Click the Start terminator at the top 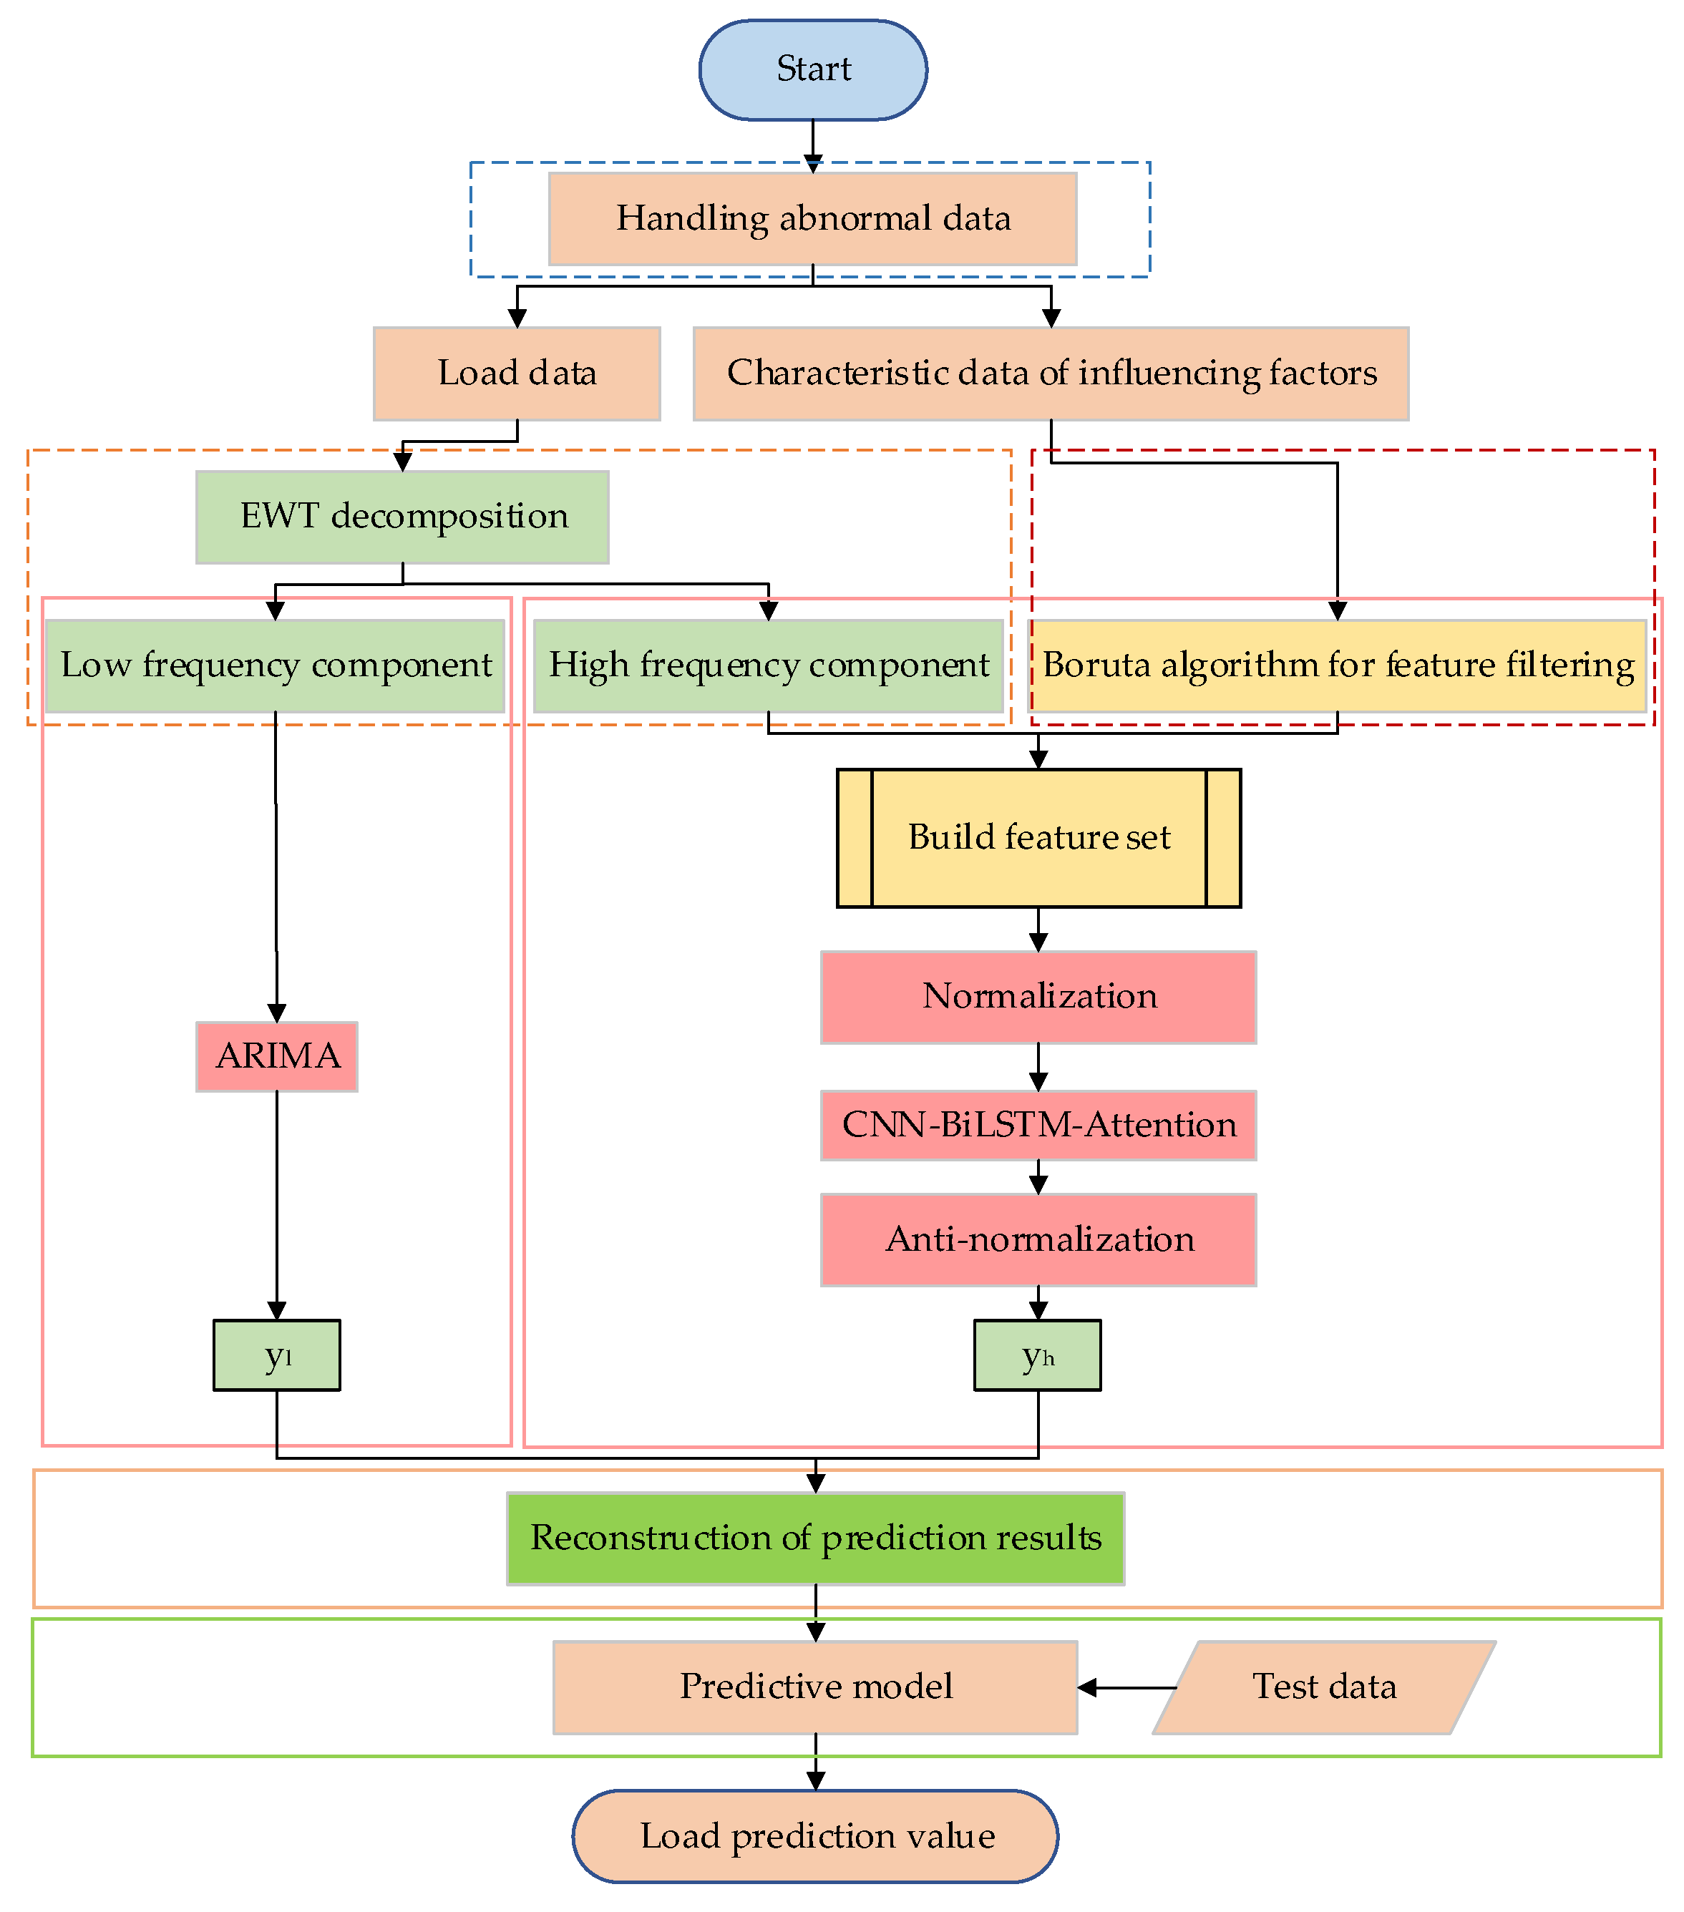click(x=812, y=70)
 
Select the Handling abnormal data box click(x=812, y=219)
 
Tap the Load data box click(x=517, y=374)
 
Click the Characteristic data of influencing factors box click(x=1050, y=374)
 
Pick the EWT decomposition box click(x=402, y=517)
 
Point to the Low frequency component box click(x=275, y=665)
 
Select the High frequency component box click(x=767, y=665)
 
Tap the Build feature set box click(x=1038, y=837)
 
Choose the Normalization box click(x=1038, y=996)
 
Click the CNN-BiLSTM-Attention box click(x=1038, y=1124)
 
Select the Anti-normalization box click(x=1038, y=1239)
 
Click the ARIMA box click(x=277, y=1056)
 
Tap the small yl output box click(x=277, y=1355)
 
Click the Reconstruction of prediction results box click(x=815, y=1538)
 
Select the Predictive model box click(x=815, y=1687)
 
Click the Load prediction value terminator click(x=815, y=1835)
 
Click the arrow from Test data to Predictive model click(x=1126, y=1687)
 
